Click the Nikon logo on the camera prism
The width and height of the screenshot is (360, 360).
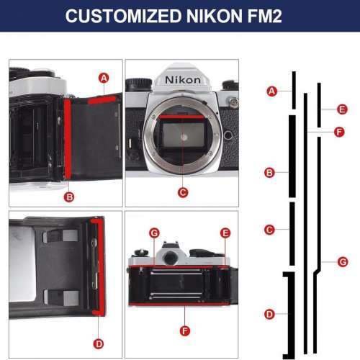(x=183, y=78)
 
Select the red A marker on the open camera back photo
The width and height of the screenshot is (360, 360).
(x=104, y=77)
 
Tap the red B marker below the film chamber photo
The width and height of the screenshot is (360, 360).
(x=69, y=196)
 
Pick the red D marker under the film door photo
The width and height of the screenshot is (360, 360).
(x=99, y=343)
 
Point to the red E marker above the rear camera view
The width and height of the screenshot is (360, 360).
(x=225, y=233)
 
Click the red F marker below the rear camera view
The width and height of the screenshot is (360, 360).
(x=184, y=330)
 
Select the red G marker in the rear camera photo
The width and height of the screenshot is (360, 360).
(x=153, y=233)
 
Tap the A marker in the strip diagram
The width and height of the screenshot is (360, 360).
(x=271, y=91)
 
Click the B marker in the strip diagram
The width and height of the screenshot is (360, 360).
(x=269, y=172)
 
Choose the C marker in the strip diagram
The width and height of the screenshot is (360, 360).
(x=269, y=230)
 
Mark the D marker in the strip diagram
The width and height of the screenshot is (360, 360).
(x=269, y=314)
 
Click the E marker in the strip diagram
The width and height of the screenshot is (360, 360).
(x=342, y=109)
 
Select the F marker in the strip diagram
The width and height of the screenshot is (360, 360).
(x=340, y=132)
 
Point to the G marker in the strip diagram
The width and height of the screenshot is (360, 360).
(x=342, y=261)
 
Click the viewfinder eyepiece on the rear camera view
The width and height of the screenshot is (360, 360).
(x=171, y=257)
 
